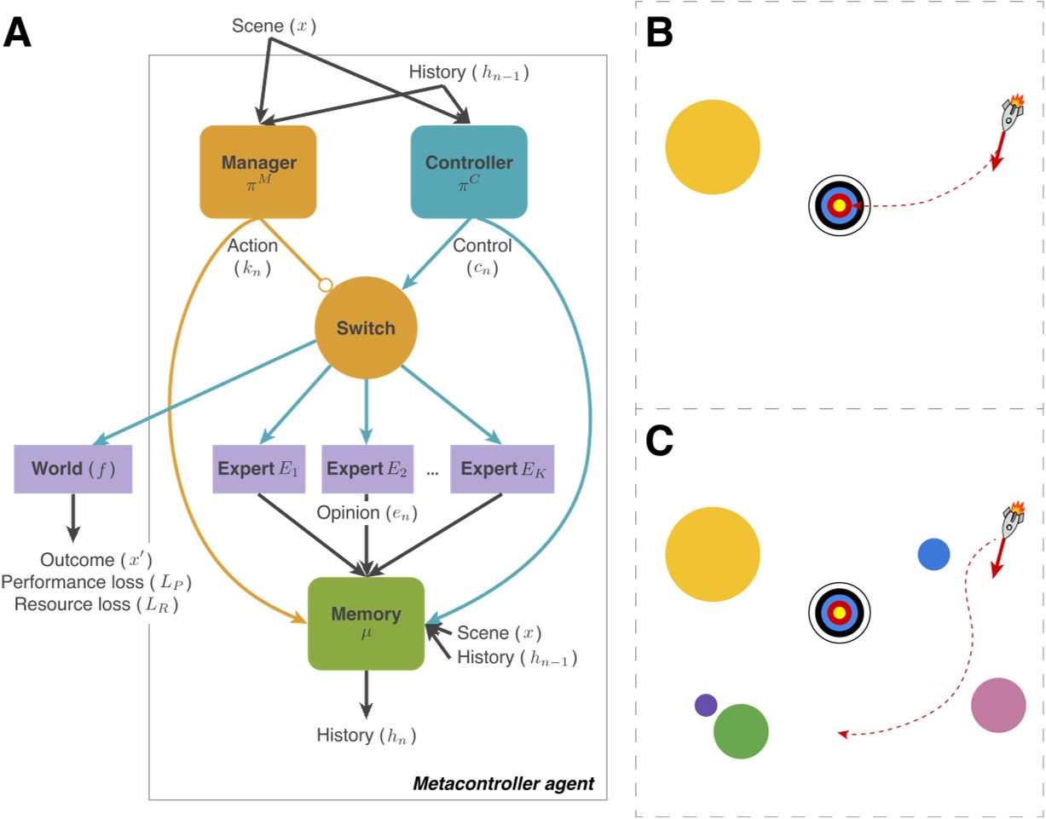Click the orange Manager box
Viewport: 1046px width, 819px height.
click(257, 170)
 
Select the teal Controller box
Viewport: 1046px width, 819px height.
click(469, 170)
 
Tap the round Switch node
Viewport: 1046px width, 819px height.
click(366, 328)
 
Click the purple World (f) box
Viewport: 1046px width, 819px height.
click(72, 469)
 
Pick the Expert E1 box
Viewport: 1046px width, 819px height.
click(257, 469)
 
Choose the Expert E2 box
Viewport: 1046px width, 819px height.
click(367, 469)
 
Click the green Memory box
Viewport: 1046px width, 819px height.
click(366, 622)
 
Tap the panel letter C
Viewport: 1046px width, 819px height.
click(661, 438)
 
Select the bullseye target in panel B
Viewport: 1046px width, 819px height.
click(839, 206)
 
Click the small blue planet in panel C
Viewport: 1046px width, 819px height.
click(933, 554)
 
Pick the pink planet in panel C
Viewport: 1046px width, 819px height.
click(998, 705)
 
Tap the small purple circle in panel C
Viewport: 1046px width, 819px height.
click(706, 705)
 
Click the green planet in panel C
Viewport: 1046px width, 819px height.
click(741, 730)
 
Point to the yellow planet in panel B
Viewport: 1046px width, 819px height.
click(713, 147)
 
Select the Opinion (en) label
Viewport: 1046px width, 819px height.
click(367, 514)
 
